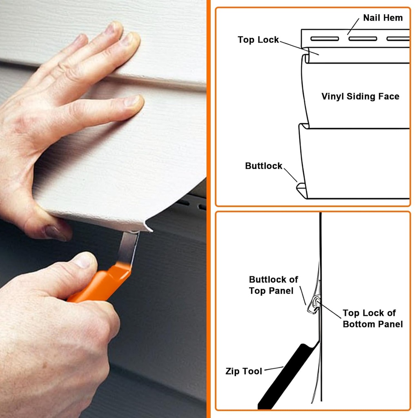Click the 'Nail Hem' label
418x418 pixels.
click(382, 18)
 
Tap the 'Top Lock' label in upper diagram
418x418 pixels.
click(258, 40)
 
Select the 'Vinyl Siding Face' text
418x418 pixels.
click(360, 96)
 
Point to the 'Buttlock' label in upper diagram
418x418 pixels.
click(264, 166)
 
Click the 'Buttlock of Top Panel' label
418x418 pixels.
click(273, 285)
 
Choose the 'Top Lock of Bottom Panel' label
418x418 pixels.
click(372, 318)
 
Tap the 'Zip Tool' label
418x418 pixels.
click(244, 371)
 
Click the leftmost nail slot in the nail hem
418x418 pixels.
click(325, 39)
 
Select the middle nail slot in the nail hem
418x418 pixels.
click(362, 39)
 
